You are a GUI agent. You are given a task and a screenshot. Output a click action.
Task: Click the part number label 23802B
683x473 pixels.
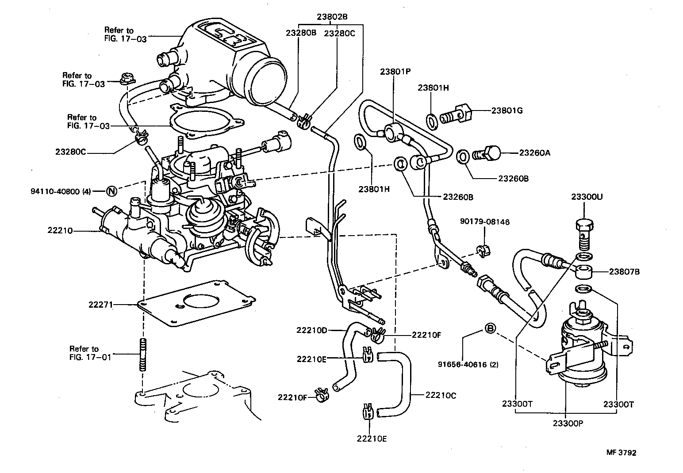tap(332, 17)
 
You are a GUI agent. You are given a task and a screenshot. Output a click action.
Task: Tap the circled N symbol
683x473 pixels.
tap(112, 191)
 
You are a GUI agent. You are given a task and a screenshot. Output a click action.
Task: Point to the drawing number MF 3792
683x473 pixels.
tap(621, 453)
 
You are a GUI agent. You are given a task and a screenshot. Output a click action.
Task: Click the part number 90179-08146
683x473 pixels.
tap(484, 222)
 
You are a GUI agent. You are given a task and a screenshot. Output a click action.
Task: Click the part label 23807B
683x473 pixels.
tap(624, 272)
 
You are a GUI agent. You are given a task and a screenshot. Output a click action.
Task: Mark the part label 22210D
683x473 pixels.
tap(311, 330)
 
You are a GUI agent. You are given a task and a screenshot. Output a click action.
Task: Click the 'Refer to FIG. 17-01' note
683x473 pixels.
tap(84, 352)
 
